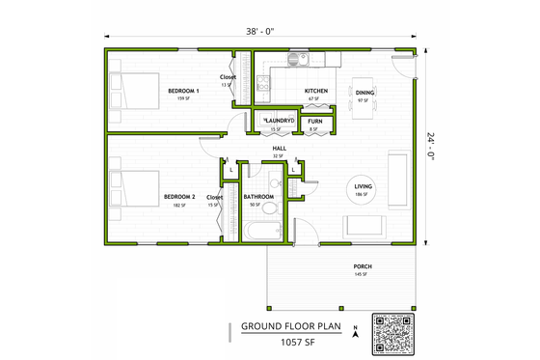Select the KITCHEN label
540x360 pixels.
(317, 91)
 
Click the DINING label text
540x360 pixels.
(365, 93)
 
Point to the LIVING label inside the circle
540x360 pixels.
(364, 187)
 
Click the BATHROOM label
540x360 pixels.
(258, 197)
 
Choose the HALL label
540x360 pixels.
(278, 148)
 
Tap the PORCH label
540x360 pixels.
(363, 266)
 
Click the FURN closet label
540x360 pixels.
(315, 122)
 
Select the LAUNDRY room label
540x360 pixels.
(279, 122)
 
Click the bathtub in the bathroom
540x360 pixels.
(261, 231)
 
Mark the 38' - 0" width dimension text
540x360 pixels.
(260, 31)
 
